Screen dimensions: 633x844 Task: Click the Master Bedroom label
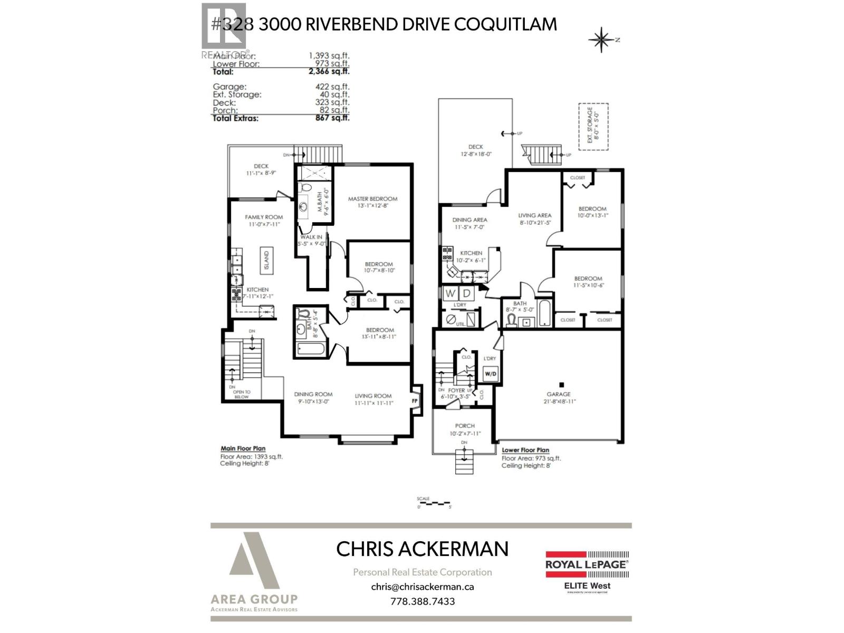pyautogui.click(x=372, y=199)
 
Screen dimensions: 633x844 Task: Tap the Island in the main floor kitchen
pyautogui.click(x=266, y=260)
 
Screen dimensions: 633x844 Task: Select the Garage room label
pyautogui.click(x=559, y=394)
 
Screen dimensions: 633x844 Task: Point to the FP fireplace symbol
pyautogui.click(x=415, y=401)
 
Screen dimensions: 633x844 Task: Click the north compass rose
pyautogui.click(x=602, y=40)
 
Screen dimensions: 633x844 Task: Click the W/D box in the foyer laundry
pyautogui.click(x=490, y=374)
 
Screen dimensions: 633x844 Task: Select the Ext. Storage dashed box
pyautogui.click(x=593, y=127)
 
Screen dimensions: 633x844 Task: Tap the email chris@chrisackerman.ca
pyautogui.click(x=422, y=587)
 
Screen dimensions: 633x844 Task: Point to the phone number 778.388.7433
pyautogui.click(x=422, y=601)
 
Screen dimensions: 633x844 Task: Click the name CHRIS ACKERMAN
pyautogui.click(x=422, y=549)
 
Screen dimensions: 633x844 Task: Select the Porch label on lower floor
pyautogui.click(x=465, y=426)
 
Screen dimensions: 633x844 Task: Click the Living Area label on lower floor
pyautogui.click(x=534, y=215)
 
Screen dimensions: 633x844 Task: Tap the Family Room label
pyautogui.click(x=264, y=217)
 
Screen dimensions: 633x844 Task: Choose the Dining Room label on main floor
pyautogui.click(x=313, y=394)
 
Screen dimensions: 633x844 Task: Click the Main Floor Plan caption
pyautogui.click(x=243, y=448)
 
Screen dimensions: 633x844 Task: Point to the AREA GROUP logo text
pyautogui.click(x=254, y=599)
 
